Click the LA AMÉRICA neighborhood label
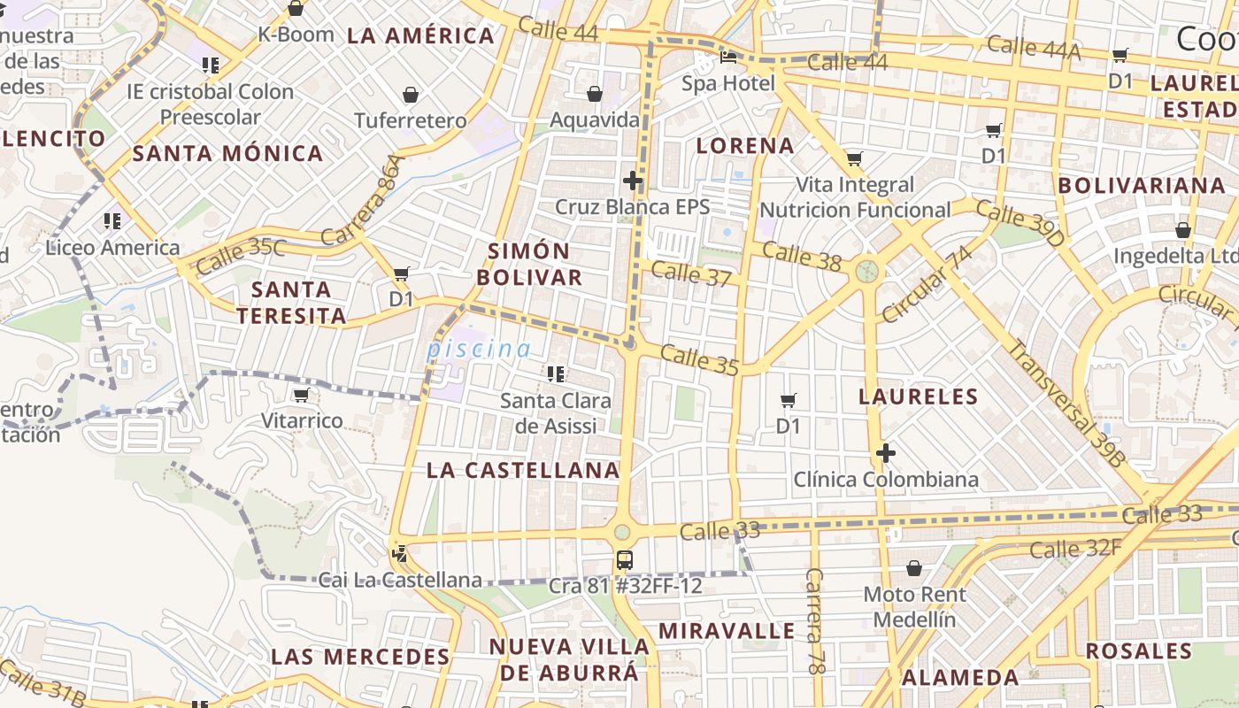tap(420, 36)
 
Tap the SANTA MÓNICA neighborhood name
tap(227, 153)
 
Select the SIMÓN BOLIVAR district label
tap(529, 264)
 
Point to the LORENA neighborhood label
tap(745, 146)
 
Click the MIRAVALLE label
tap(727, 631)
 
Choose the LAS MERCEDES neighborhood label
tap(360, 657)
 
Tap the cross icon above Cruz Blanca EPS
tap(633, 181)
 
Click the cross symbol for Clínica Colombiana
tap(885, 454)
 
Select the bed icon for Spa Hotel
tap(728, 58)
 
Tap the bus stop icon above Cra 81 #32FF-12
tap(625, 559)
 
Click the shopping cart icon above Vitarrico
tap(301, 395)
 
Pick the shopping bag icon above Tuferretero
tap(411, 95)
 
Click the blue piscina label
tap(479, 349)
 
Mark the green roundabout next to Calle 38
tap(867, 270)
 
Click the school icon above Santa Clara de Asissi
tap(556, 374)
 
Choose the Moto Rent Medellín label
tap(914, 606)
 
